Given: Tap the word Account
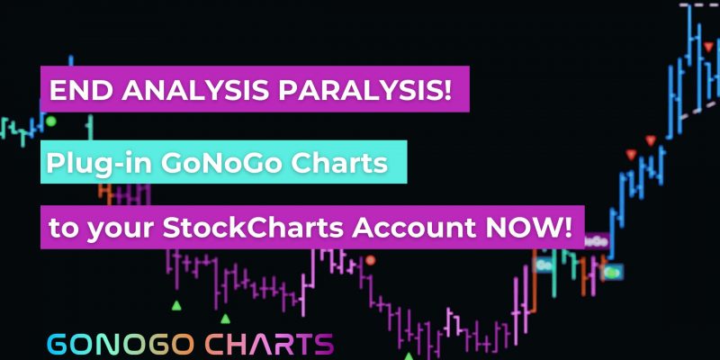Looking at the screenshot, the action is pos(414,228).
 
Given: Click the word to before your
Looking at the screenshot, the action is pos(63,229).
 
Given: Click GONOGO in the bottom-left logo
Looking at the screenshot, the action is pos(121,345).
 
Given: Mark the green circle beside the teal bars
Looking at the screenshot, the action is pos(51,121).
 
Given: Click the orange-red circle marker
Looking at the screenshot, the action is pos(371,260).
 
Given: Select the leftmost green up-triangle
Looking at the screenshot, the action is pos(176,305).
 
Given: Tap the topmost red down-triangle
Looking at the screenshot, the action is pos(708,47).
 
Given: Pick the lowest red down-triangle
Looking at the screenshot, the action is pos(632,155).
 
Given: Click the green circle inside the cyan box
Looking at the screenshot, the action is pos(611,273).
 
